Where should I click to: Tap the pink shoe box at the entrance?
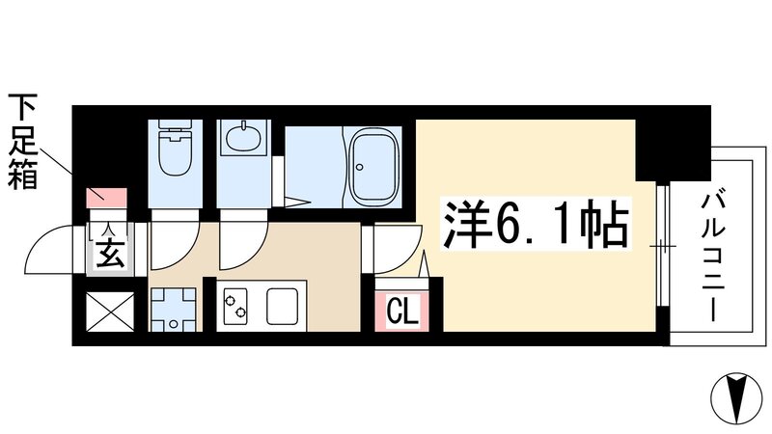pos(105,197)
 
